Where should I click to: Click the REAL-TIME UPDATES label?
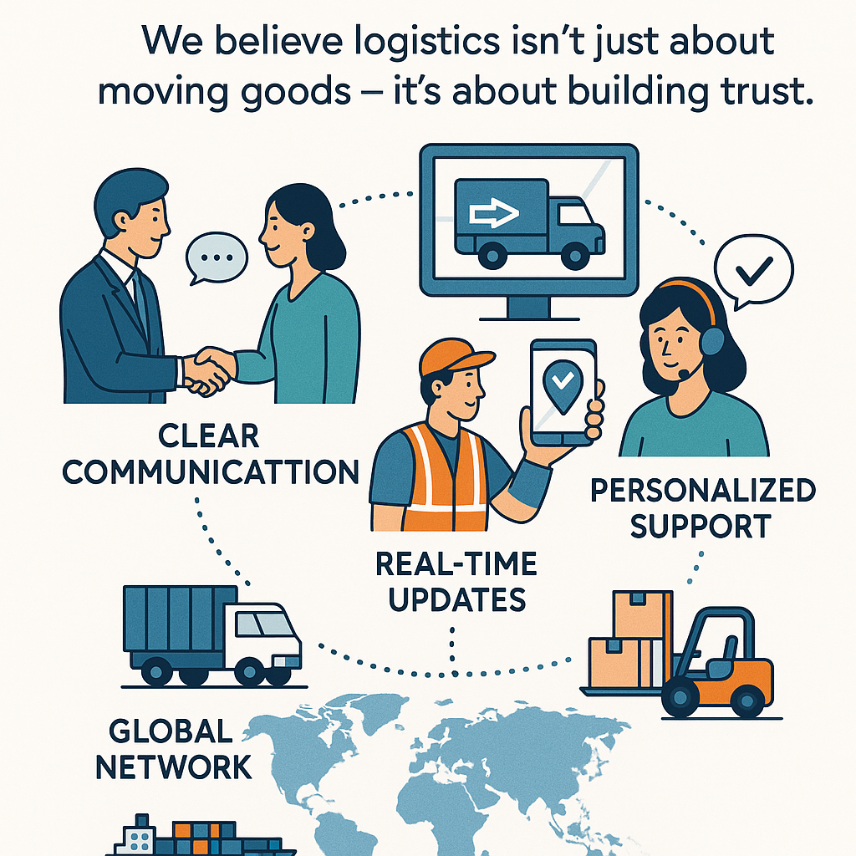(x=456, y=581)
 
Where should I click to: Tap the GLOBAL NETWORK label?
(x=173, y=748)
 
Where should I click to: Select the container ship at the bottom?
(x=201, y=838)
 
